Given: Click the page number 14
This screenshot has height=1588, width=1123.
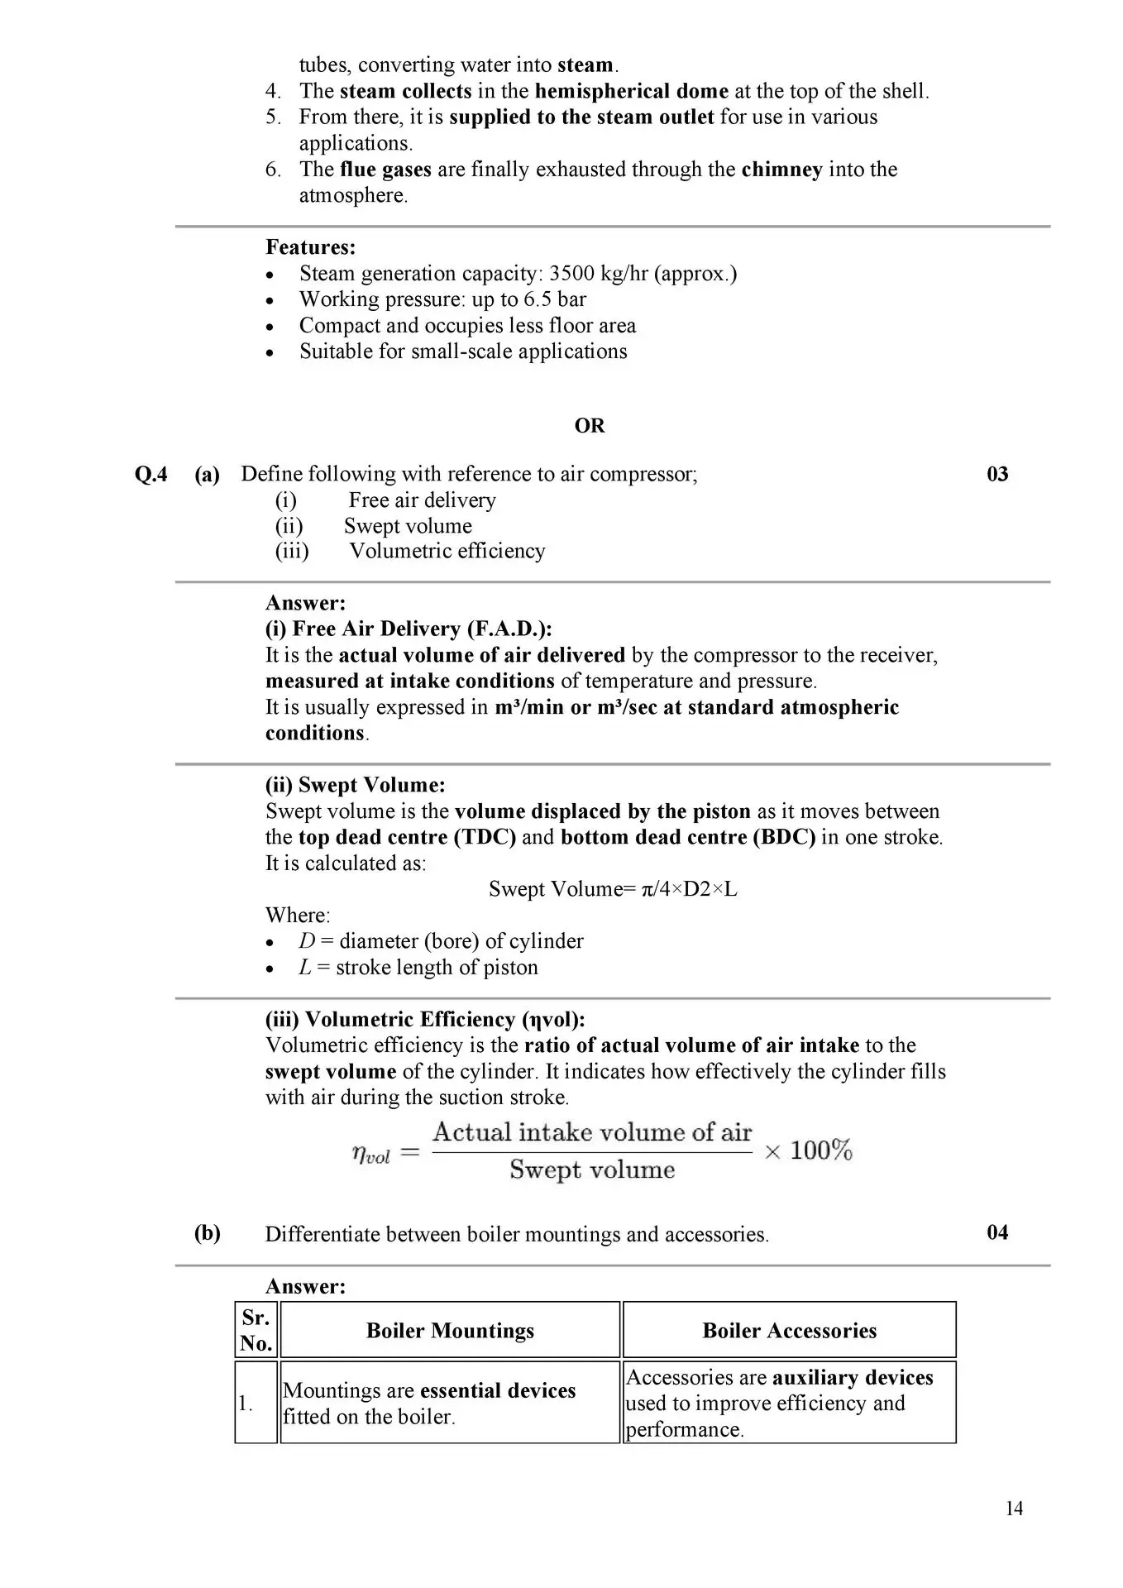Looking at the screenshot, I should (1014, 1509).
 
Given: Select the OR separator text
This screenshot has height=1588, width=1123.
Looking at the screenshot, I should (590, 426).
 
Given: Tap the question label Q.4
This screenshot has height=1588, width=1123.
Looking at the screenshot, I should (151, 474).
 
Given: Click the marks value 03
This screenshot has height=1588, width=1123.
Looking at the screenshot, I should (997, 474).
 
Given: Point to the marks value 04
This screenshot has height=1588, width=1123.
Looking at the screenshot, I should (997, 1232).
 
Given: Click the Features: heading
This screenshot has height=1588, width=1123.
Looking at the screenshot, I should (310, 247).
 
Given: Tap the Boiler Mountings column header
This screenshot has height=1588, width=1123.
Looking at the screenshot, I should (450, 1331).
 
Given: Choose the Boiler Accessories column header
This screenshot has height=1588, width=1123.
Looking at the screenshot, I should (789, 1331).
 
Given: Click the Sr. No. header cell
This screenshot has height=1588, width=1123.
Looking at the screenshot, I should (256, 1330).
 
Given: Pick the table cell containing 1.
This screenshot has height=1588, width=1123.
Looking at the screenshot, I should (246, 1404).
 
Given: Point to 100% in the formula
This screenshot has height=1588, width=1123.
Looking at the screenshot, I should (820, 1150).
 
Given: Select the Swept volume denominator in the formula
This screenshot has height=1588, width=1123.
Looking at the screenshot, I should (592, 1169).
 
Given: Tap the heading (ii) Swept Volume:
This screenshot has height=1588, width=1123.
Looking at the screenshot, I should (355, 785).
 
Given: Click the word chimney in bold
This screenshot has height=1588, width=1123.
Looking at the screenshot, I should (781, 170).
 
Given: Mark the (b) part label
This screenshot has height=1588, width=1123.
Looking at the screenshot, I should (208, 1233).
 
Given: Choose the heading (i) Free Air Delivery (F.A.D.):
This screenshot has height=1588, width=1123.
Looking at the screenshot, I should (409, 629).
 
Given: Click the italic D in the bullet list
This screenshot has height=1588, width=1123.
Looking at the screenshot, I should (307, 941).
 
